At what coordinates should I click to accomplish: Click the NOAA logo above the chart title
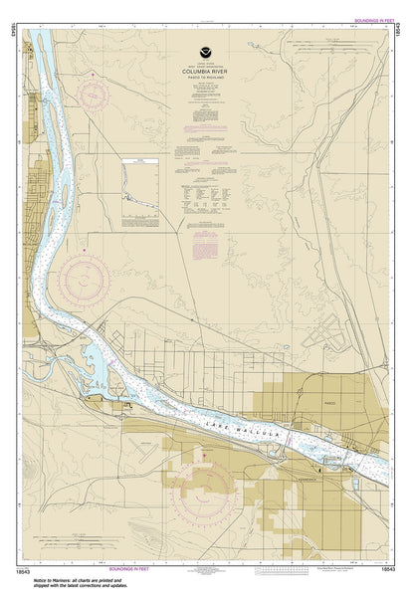[x=206, y=48]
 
